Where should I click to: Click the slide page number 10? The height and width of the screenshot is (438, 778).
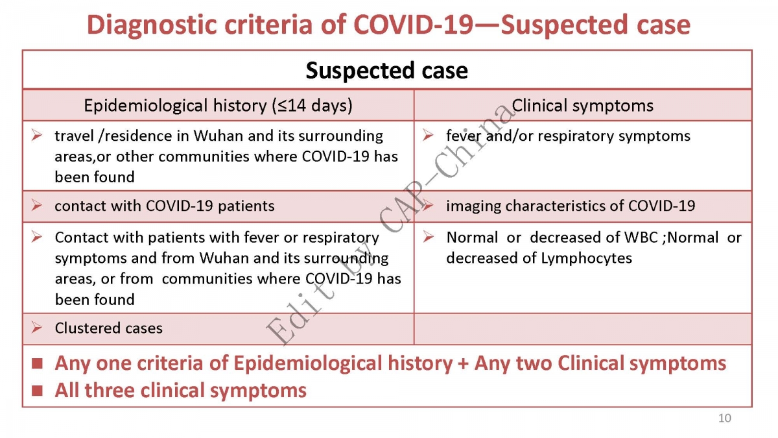[x=725, y=418]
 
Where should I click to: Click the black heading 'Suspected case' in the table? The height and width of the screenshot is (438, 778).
[x=386, y=71]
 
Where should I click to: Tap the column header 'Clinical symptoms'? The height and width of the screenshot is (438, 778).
[x=582, y=105]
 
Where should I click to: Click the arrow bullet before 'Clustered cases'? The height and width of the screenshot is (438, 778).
[x=37, y=328]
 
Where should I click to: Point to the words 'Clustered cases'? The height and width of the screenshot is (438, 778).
[x=108, y=328]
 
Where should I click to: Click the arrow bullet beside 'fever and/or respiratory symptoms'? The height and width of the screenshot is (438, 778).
[x=429, y=135]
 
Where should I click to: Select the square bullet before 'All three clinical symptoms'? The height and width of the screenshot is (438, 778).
[x=37, y=391]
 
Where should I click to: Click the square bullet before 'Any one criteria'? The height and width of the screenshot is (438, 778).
[x=37, y=363]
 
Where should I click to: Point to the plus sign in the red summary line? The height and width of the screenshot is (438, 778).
[x=464, y=363]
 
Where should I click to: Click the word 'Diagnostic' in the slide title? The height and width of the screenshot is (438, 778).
[x=152, y=25]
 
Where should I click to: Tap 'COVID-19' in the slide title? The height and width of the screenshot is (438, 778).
[x=413, y=25]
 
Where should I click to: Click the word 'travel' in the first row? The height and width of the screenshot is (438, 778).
[x=75, y=136]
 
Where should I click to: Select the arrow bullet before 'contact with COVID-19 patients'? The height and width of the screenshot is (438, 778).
[x=37, y=205]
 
